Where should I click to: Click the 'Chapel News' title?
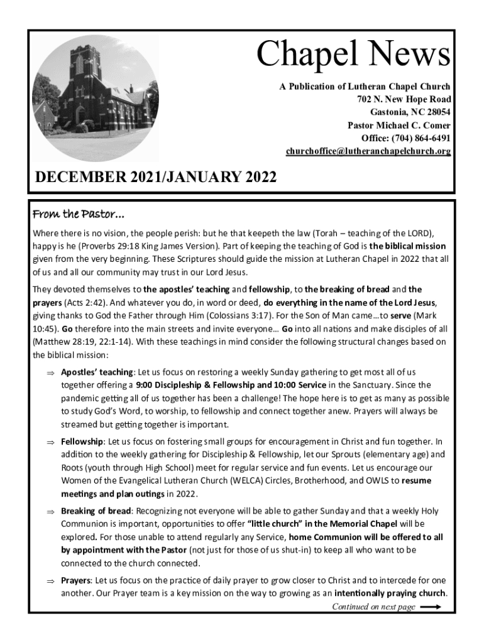(x=353, y=54)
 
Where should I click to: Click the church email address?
(x=368, y=151)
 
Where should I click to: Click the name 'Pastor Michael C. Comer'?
(x=399, y=125)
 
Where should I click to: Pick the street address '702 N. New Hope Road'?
(x=404, y=99)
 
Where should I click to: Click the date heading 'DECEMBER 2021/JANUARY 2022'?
(x=156, y=177)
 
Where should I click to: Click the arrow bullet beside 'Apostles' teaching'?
(x=50, y=372)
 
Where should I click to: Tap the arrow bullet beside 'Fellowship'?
(x=50, y=442)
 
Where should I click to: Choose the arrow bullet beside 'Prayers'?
(x=50, y=581)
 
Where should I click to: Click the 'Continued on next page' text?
(x=373, y=607)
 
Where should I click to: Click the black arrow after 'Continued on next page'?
(x=431, y=607)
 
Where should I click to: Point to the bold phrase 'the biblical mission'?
(x=407, y=246)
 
